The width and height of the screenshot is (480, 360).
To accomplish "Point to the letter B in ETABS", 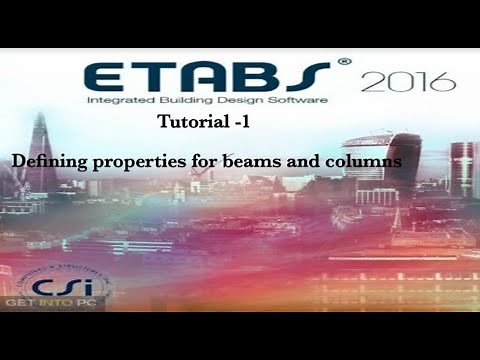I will pyautogui.click(x=267, y=77).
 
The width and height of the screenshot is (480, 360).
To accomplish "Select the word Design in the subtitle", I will pyautogui.click(x=251, y=103).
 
